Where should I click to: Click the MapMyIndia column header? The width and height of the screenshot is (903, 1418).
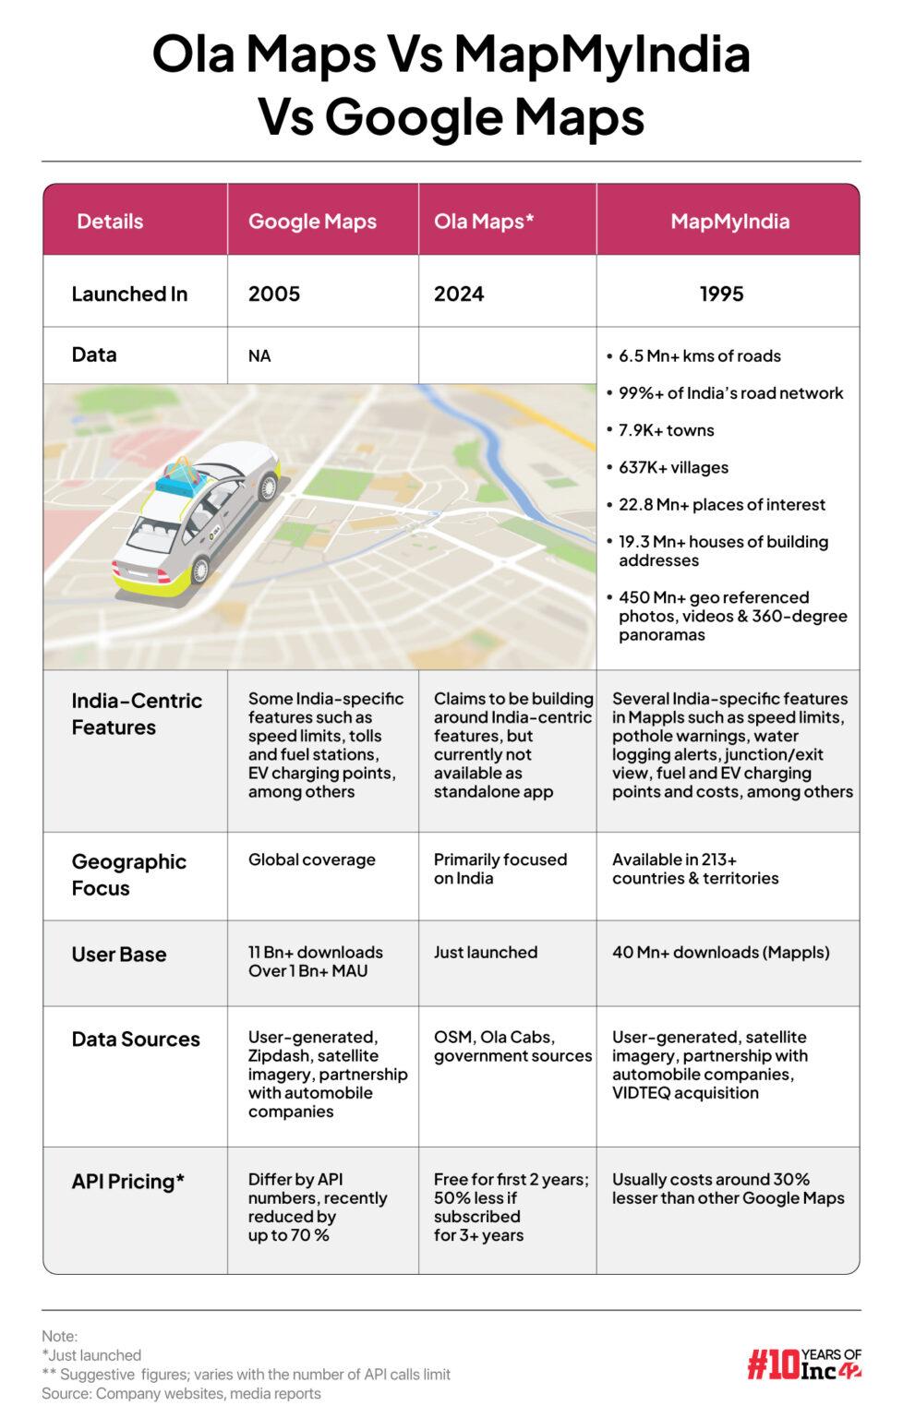(x=729, y=222)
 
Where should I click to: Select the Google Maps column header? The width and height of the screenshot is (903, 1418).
(x=312, y=222)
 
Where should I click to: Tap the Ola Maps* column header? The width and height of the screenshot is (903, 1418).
(x=484, y=222)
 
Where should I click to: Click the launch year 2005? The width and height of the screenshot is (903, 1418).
(x=274, y=294)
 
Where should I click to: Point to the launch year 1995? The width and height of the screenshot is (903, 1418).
(x=721, y=294)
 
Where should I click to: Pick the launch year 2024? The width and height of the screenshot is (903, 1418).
(x=459, y=294)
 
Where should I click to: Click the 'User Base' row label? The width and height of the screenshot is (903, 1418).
(x=119, y=955)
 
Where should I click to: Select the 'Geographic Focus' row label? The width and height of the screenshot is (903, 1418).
(x=128, y=874)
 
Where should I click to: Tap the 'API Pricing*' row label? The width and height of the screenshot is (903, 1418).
(x=127, y=1182)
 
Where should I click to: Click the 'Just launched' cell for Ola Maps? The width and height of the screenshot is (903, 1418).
(x=486, y=952)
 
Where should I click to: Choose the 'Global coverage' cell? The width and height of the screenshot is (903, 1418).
(x=312, y=859)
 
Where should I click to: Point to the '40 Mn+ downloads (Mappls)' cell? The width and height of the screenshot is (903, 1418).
(x=720, y=952)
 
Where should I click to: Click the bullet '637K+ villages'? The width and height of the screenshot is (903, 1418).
(x=673, y=467)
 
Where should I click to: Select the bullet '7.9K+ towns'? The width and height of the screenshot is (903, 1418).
(x=666, y=430)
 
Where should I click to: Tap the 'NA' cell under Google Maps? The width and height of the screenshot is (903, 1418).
(x=259, y=356)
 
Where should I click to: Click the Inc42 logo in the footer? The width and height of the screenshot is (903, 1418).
(x=803, y=1364)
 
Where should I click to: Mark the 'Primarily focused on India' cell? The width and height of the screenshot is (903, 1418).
(x=500, y=869)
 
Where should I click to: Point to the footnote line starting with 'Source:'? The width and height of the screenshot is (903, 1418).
(x=181, y=1393)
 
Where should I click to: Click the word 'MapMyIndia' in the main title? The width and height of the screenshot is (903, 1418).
(x=601, y=54)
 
